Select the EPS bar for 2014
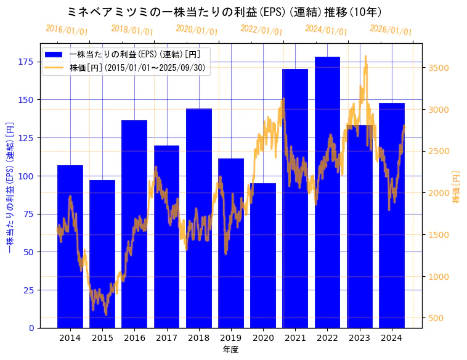pos(70,247)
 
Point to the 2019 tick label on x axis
pos(231,338)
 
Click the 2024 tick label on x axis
pos(392,338)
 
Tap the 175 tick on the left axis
pos(26,62)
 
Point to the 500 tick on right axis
pos(436,318)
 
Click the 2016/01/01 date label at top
pos(67,30)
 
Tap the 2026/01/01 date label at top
pos(391,30)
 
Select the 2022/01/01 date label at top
pos(261,30)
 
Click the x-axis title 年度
pos(230,350)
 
